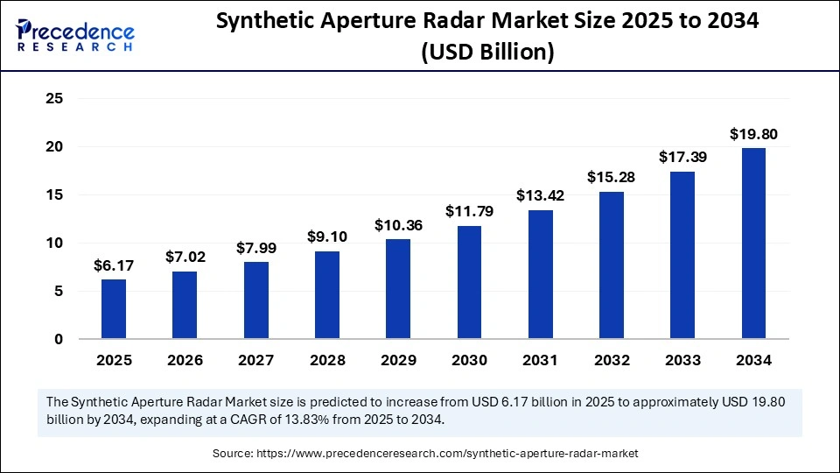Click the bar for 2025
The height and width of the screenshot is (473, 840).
(114, 308)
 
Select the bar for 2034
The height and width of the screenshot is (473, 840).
(753, 243)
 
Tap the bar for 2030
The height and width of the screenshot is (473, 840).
(469, 281)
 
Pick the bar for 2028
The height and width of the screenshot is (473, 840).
(327, 294)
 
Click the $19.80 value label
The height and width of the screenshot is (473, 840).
(753, 134)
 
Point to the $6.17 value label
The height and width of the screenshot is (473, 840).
(114, 265)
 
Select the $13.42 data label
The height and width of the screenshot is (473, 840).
(540, 194)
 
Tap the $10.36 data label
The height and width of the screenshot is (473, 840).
(398, 224)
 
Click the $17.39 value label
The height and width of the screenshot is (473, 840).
(682, 157)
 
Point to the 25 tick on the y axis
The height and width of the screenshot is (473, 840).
(54, 99)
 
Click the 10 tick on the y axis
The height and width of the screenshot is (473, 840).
(54, 243)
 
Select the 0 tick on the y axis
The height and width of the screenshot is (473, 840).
(59, 339)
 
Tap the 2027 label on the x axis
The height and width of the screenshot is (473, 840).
(255, 360)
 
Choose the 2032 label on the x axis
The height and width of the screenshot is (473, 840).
(611, 360)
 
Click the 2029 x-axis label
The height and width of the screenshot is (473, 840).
(398, 360)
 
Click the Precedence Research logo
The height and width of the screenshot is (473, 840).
(75, 35)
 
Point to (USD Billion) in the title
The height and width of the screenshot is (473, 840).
(487, 53)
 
